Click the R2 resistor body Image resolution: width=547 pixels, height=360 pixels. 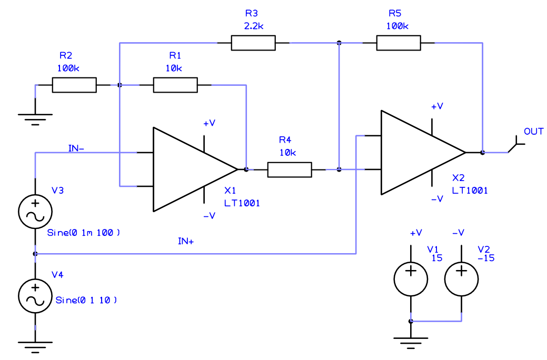tap(74, 85)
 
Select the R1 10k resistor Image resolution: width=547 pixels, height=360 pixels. tap(175, 85)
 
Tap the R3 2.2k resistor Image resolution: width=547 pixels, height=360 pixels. tap(253, 43)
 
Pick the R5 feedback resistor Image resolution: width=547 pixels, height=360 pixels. tap(399, 43)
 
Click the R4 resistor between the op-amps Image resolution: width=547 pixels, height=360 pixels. tap(290, 169)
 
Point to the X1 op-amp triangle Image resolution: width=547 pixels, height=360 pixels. tap(190, 169)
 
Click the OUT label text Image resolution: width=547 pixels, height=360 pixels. tap(533, 132)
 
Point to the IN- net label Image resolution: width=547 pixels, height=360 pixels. tap(76, 148)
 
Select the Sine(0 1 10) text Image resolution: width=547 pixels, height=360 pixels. tap(86, 301)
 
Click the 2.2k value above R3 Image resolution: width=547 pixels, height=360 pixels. tap(253, 25)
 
